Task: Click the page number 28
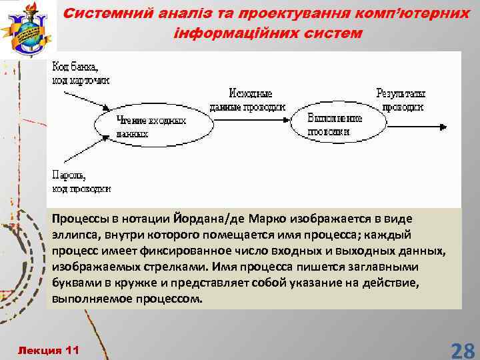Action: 462,349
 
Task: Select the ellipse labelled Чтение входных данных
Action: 151,127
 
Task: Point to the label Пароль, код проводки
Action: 81,182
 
